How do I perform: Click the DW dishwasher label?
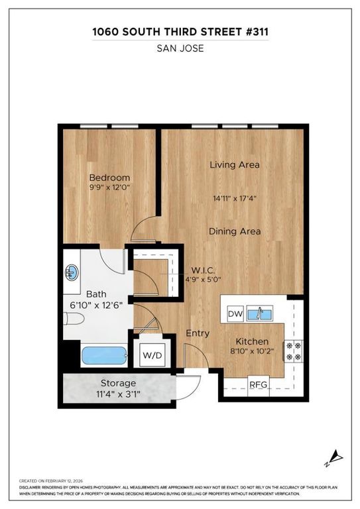point(235,313)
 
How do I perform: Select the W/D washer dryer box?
point(152,355)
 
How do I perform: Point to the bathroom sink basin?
point(72,272)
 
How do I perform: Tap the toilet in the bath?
point(73,319)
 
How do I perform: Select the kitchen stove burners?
point(292,351)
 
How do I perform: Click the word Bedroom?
point(109,178)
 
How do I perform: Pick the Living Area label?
point(234,164)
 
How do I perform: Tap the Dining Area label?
point(234,231)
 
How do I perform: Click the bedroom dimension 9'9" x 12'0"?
point(109,188)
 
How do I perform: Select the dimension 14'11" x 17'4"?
point(234,197)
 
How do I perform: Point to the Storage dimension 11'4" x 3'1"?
point(118,394)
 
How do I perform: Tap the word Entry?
point(197,333)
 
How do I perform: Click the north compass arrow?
point(337,455)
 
